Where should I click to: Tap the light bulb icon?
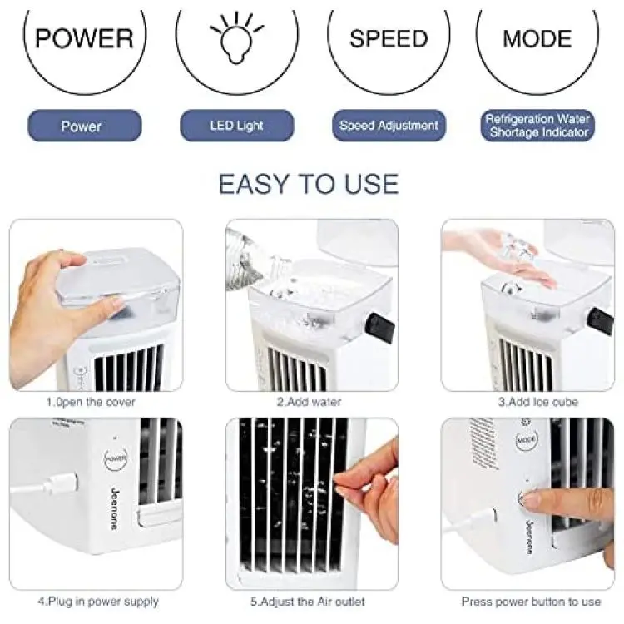[237, 37]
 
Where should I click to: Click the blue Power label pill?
[84, 126]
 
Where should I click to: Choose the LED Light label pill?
[237, 126]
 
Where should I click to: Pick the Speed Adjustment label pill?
[389, 126]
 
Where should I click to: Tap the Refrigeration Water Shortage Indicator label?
[537, 126]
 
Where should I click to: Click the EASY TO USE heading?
[309, 184]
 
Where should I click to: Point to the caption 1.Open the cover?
[91, 402]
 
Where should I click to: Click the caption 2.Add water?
[310, 402]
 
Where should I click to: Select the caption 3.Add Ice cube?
[538, 402]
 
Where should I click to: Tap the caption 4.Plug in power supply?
[98, 602]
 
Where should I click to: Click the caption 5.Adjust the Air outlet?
[307, 602]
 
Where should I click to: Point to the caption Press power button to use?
[531, 602]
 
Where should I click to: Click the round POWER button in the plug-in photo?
[116, 458]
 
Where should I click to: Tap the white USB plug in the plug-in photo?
[60, 483]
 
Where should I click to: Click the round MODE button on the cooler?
[527, 440]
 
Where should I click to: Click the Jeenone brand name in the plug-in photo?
[115, 508]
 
